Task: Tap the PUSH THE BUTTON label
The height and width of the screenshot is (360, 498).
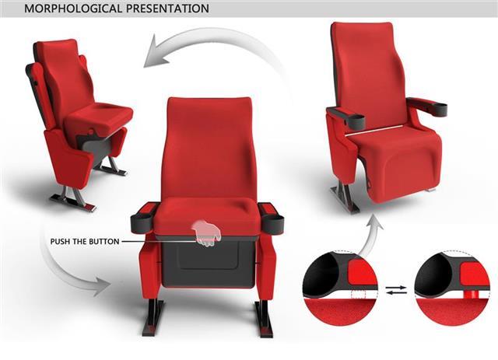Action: click(85, 242)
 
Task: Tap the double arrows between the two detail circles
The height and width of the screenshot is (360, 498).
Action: click(396, 290)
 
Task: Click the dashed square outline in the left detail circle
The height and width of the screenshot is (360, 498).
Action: click(358, 295)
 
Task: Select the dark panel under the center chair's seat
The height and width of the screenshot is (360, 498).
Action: click(208, 262)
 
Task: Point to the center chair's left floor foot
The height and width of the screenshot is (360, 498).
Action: click(153, 317)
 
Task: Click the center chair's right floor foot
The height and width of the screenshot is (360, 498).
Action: click(263, 319)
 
